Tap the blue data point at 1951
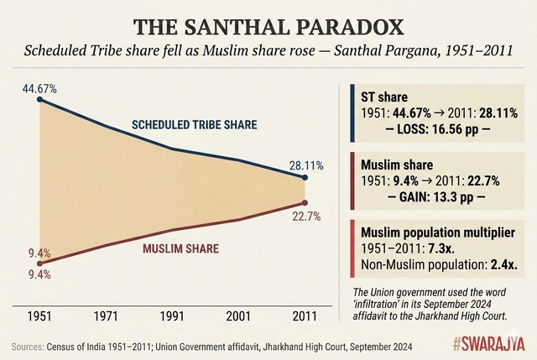pos(41,101)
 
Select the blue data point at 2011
pos(305,178)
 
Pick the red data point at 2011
pos(305,202)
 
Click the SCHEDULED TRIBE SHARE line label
pos(195,125)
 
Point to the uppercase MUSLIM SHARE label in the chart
pos(180,248)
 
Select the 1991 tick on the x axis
pos(173,316)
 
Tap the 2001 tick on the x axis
pos(239,316)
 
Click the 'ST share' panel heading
pos(383,95)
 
